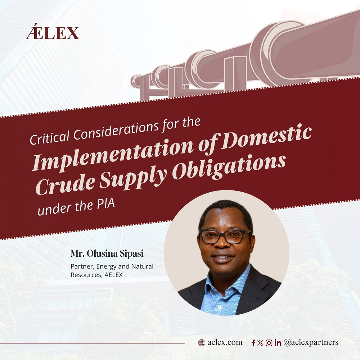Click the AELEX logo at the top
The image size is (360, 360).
click(x=53, y=31)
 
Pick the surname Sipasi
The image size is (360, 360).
click(x=132, y=254)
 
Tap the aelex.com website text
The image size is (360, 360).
click(x=225, y=342)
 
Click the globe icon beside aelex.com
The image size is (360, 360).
click(x=202, y=343)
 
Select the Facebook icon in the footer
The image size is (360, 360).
click(x=253, y=343)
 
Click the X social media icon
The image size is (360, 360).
click(x=260, y=343)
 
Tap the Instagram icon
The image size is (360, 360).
click(x=269, y=343)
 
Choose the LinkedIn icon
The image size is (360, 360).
click(x=278, y=343)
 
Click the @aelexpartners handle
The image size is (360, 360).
click(x=311, y=342)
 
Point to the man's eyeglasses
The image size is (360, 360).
click(x=225, y=236)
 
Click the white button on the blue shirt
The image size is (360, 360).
click(x=220, y=307)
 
